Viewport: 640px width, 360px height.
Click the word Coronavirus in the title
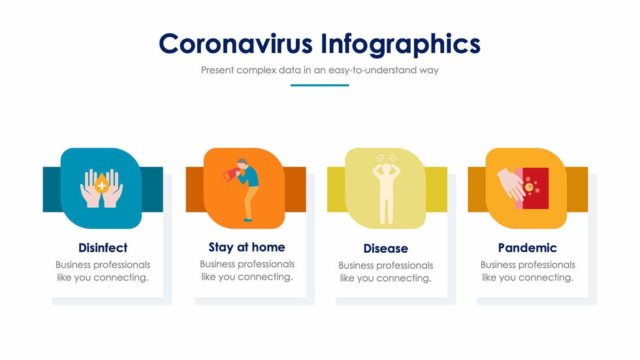coord(235,44)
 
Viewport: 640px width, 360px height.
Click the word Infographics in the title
coord(401,44)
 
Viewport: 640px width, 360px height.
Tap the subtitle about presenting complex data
coord(319,70)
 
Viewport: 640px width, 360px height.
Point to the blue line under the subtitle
coord(319,85)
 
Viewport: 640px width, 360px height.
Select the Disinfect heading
coord(103,248)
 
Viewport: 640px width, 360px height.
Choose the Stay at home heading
coord(247,247)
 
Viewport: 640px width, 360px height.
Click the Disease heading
coord(385,248)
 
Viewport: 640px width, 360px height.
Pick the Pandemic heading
coord(527,248)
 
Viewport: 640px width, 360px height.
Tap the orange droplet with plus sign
coord(101,185)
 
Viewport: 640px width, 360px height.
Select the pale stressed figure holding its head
coord(385,189)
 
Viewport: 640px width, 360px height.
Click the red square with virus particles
coord(534,188)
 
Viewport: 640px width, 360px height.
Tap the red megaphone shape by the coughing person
coord(231,174)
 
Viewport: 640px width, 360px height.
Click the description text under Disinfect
coord(103,271)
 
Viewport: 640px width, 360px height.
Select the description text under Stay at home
coord(247,270)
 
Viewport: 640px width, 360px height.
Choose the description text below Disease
coord(385,272)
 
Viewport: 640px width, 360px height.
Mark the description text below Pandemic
coord(527,271)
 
